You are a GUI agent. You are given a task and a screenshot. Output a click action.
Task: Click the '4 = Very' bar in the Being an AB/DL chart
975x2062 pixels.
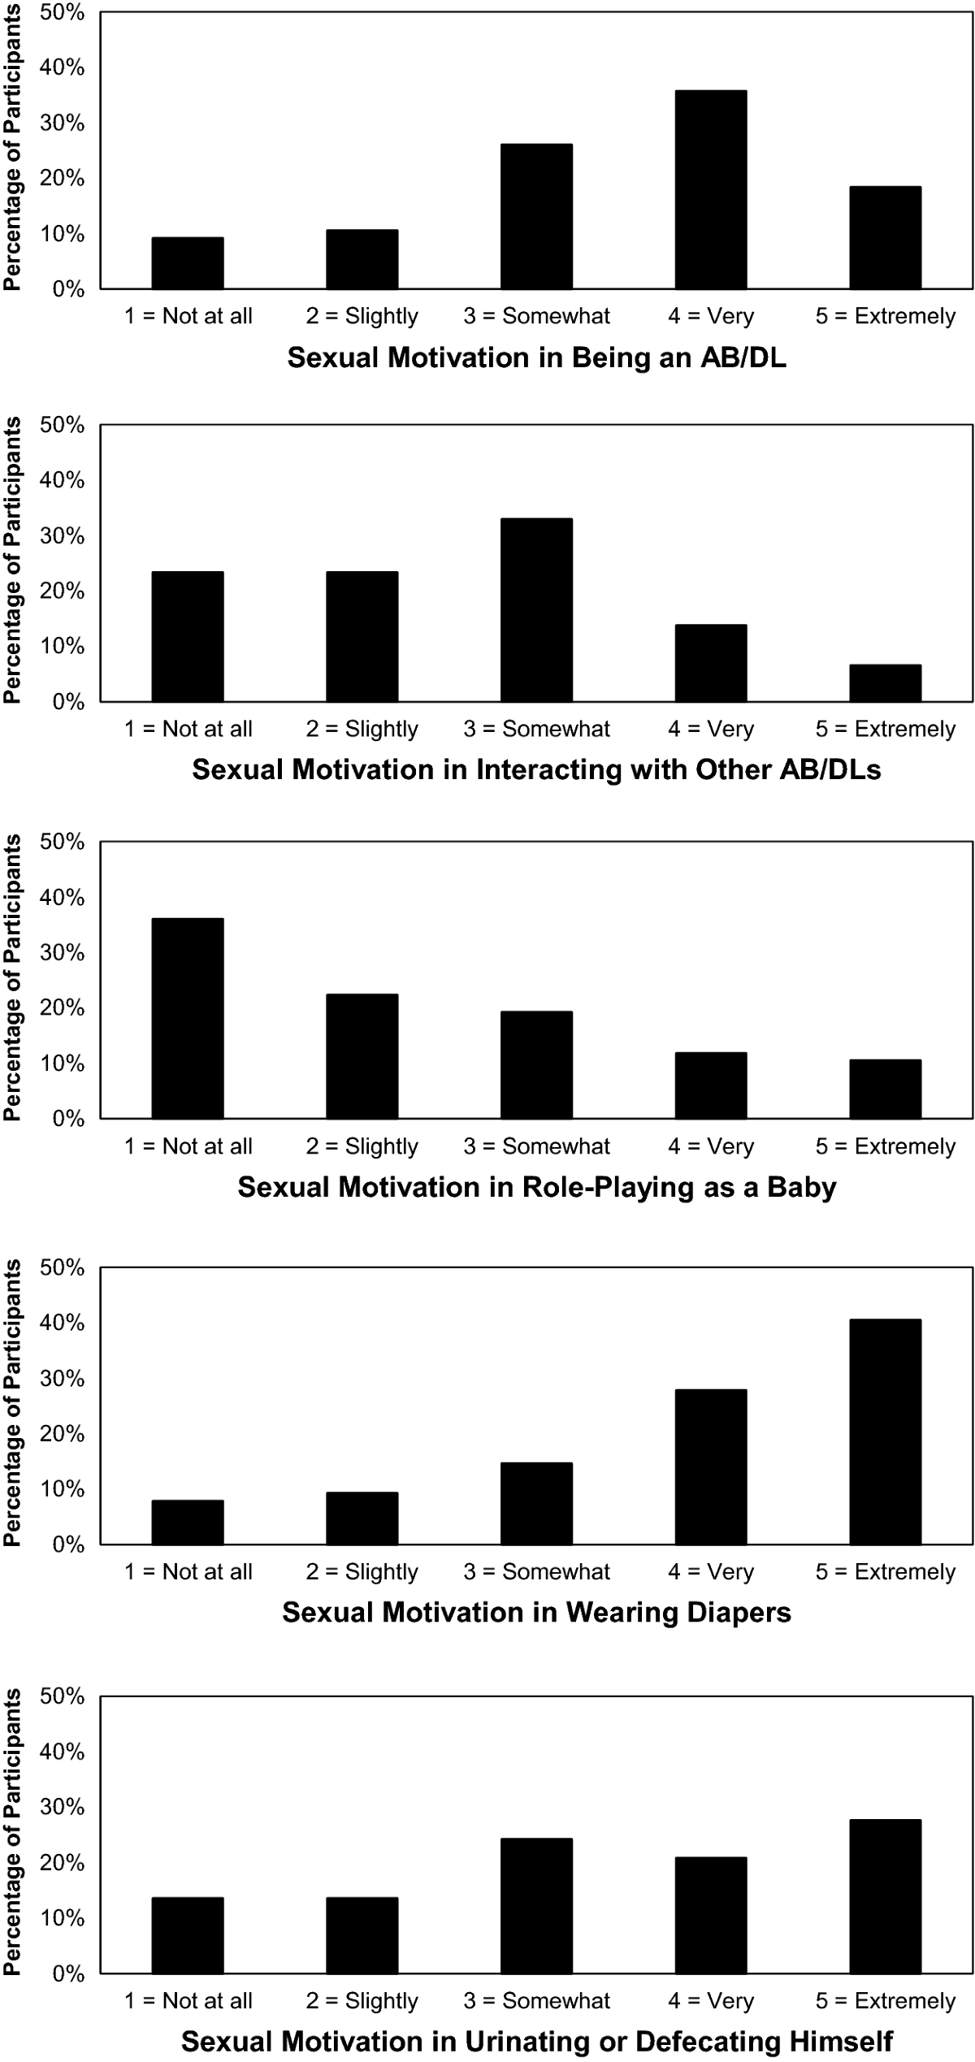click(711, 190)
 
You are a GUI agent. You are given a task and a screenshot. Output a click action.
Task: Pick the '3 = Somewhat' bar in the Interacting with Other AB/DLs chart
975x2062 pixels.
click(536, 610)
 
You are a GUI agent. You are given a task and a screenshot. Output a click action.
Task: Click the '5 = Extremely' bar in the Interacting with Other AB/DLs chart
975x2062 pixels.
click(886, 683)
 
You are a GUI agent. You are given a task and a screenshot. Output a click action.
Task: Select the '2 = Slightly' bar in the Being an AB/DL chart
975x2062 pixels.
click(362, 260)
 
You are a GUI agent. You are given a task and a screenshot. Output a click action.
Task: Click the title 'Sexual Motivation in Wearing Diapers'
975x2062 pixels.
click(536, 1613)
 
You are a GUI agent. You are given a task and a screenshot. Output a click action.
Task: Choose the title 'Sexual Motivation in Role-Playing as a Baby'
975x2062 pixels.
click(536, 1188)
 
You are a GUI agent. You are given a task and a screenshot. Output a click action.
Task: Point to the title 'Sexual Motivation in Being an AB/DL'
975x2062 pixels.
click(536, 358)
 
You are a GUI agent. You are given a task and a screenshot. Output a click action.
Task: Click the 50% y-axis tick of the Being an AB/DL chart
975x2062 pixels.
click(63, 13)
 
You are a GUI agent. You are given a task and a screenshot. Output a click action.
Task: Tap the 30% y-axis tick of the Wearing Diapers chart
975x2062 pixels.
click(63, 1379)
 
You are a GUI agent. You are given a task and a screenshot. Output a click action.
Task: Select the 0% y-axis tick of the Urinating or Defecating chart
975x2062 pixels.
click(68, 1975)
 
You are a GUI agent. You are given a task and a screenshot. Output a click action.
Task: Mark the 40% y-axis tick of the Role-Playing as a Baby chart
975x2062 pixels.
click(63, 898)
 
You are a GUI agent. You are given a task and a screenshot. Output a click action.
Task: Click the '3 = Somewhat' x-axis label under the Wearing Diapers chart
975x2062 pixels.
click(536, 1572)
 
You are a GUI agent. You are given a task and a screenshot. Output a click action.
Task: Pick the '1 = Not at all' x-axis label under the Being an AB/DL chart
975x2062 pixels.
click(188, 316)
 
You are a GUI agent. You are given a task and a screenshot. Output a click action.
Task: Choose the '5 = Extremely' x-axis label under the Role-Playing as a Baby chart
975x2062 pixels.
click(886, 1146)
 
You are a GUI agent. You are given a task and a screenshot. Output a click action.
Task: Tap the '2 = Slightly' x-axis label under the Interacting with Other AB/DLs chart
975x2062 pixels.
click(362, 729)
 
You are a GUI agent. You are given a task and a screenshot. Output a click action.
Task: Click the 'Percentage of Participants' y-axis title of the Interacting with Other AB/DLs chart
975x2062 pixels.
click(12, 563)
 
